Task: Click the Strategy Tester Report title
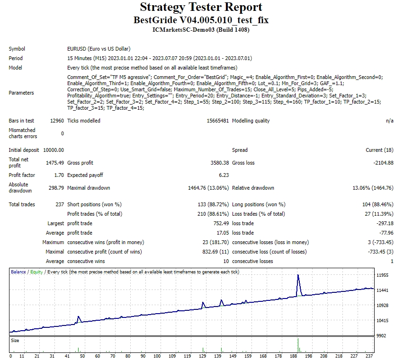[201, 8]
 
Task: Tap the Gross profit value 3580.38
[219, 163]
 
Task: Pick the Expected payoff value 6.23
[223, 175]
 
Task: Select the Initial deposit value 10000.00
[53, 150]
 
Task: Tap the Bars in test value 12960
[56, 121]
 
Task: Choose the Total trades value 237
[59, 204]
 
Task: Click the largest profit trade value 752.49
[220, 223]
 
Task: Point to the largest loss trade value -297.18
[383, 223]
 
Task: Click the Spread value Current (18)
[379, 150]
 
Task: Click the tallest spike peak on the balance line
[298, 275]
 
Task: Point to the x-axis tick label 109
[172, 356]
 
